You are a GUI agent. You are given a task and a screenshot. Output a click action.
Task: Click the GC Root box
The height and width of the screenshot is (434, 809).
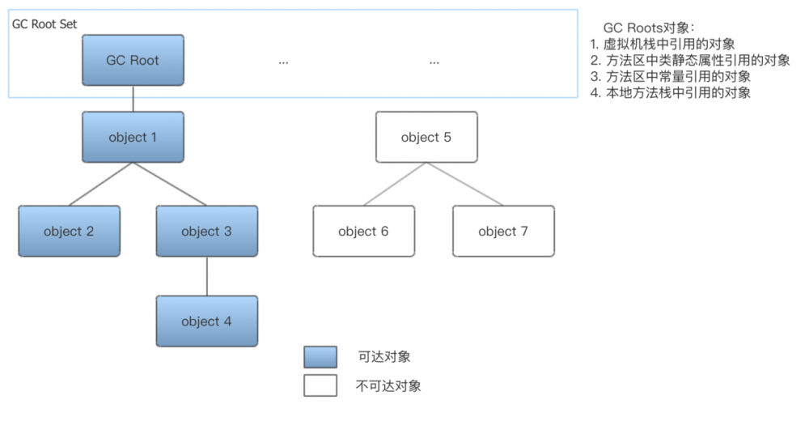click(x=133, y=60)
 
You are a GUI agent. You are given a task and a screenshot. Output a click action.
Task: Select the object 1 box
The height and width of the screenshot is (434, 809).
click(x=133, y=137)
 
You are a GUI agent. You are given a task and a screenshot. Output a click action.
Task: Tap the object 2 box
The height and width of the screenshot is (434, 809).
click(x=69, y=231)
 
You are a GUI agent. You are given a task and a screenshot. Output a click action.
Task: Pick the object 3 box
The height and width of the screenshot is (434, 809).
click(x=206, y=231)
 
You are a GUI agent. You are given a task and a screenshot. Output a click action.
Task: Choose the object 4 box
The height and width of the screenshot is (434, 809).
click(x=206, y=321)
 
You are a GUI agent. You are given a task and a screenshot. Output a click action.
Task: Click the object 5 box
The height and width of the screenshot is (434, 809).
click(x=426, y=137)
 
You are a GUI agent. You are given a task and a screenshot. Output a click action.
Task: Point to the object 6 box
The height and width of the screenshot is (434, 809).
click(x=363, y=231)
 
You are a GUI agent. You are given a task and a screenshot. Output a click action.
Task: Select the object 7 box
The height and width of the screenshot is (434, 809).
click(x=503, y=231)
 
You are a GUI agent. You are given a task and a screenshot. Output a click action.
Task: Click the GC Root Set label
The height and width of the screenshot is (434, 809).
click(x=44, y=24)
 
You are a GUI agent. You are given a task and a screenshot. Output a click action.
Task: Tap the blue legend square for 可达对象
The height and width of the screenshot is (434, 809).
click(x=320, y=357)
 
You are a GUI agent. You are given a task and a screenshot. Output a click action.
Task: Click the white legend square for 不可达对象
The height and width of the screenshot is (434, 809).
click(x=320, y=385)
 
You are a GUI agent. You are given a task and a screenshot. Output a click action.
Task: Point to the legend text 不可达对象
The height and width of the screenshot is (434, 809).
click(x=388, y=386)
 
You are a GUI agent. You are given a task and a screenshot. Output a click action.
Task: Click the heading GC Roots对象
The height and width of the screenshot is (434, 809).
click(x=643, y=28)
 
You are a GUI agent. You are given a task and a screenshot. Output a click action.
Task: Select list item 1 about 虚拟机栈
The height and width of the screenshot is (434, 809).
click(x=663, y=44)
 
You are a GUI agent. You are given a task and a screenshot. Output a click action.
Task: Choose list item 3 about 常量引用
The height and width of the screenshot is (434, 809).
click(x=671, y=76)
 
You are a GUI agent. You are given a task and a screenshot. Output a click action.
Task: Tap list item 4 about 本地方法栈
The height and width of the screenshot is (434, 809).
click(x=671, y=92)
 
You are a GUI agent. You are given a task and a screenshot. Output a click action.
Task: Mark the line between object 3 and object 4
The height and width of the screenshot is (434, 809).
click(x=207, y=276)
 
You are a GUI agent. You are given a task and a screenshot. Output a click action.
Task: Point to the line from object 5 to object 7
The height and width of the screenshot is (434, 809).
click(x=464, y=184)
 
